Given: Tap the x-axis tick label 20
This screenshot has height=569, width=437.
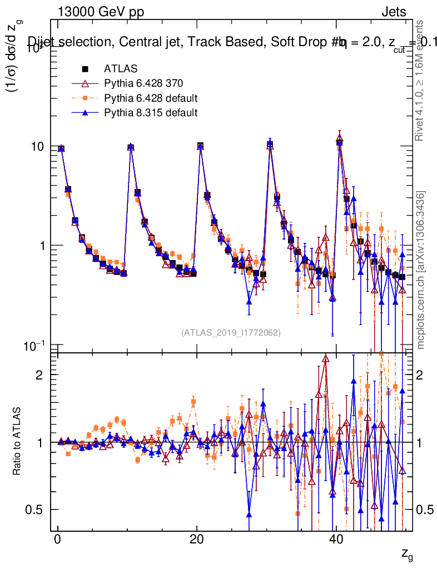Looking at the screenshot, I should (x=196, y=540).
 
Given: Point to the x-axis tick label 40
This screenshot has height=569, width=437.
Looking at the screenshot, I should (x=335, y=540).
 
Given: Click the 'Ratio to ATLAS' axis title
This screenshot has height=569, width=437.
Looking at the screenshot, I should (x=17, y=442).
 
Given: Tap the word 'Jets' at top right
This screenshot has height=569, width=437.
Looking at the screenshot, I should (x=394, y=12).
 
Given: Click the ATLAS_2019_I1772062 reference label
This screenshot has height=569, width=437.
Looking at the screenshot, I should (x=231, y=333).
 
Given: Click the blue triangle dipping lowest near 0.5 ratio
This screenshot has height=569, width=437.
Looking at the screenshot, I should (x=249, y=514).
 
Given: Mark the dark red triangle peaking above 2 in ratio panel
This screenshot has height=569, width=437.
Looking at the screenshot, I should (x=326, y=358).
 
